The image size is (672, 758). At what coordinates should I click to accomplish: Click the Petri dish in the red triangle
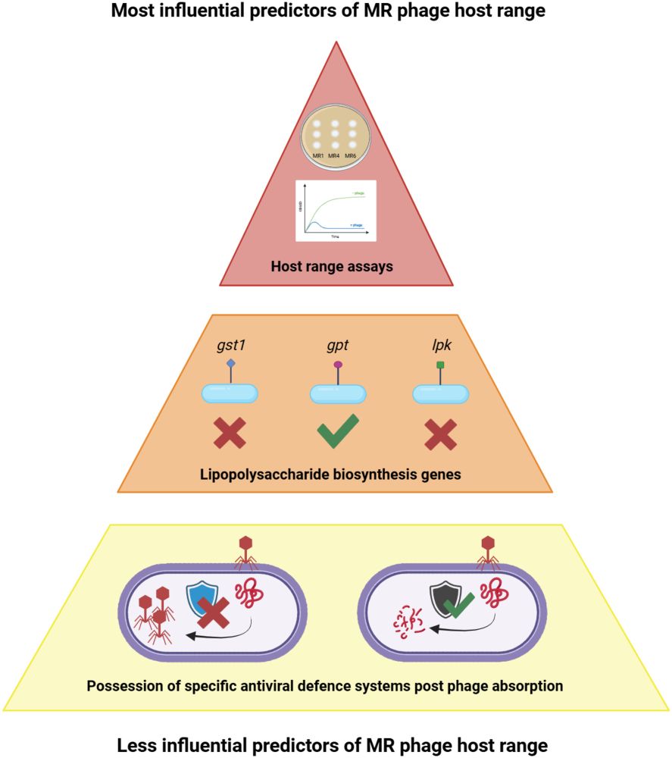334,136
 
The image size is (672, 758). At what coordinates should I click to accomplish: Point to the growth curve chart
335,211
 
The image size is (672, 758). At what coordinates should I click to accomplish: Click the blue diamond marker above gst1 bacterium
230,364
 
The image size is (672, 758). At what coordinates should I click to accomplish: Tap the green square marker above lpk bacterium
439,365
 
